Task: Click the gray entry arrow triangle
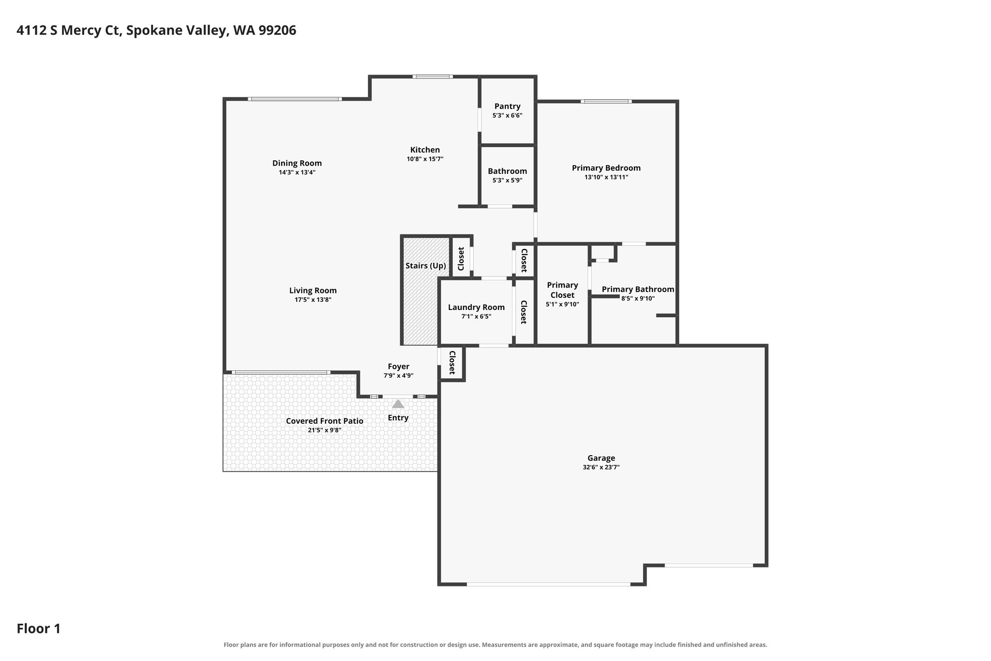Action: [x=398, y=403]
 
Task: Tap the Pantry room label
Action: [x=507, y=106]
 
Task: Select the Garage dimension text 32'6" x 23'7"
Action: [x=601, y=467]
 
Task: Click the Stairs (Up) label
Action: [x=425, y=265]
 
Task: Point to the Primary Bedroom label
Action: [x=606, y=168]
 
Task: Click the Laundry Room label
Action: [x=476, y=307]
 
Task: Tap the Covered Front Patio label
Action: [x=324, y=421]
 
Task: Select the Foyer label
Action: [x=398, y=367]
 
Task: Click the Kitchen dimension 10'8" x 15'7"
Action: [x=425, y=159]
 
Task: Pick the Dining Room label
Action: [x=297, y=163]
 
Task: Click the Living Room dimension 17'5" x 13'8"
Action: [x=313, y=300]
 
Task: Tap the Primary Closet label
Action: [x=562, y=290]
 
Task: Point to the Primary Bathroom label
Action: [x=638, y=289]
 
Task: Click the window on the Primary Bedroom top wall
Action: [x=606, y=101]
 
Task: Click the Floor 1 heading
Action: [x=39, y=629]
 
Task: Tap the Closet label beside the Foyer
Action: [x=452, y=363]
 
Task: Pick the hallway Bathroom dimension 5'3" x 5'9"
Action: [x=507, y=180]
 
